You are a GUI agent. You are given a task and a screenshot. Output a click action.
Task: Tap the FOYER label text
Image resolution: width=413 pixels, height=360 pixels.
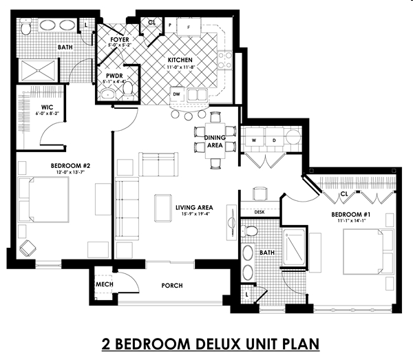(120, 40)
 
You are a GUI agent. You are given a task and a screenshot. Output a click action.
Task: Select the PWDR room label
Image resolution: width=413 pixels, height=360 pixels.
(114, 76)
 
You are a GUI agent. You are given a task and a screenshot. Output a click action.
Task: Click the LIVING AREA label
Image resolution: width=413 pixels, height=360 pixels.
(193, 207)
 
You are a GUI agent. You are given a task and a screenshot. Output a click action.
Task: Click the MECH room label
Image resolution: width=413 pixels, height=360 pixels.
(104, 284)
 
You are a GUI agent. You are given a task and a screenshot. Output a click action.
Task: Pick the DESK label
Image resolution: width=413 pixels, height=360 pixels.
(260, 212)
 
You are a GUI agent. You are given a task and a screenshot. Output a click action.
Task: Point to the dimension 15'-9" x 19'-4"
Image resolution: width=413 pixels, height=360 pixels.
(193, 215)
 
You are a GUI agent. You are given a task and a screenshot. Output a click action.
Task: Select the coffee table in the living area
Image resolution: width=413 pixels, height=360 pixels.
(164, 207)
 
